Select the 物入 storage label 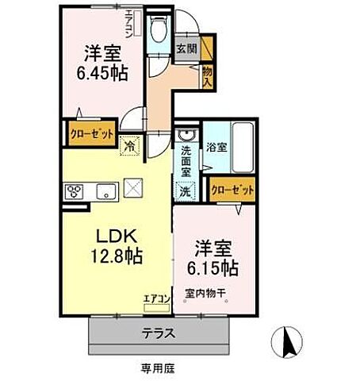pos(207,76)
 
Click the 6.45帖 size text pos(101,70)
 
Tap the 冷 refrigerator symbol pos(128,145)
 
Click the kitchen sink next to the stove pos(106,191)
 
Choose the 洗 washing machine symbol pos(184,190)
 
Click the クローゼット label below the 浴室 pos(233,190)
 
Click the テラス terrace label pos(159,334)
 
